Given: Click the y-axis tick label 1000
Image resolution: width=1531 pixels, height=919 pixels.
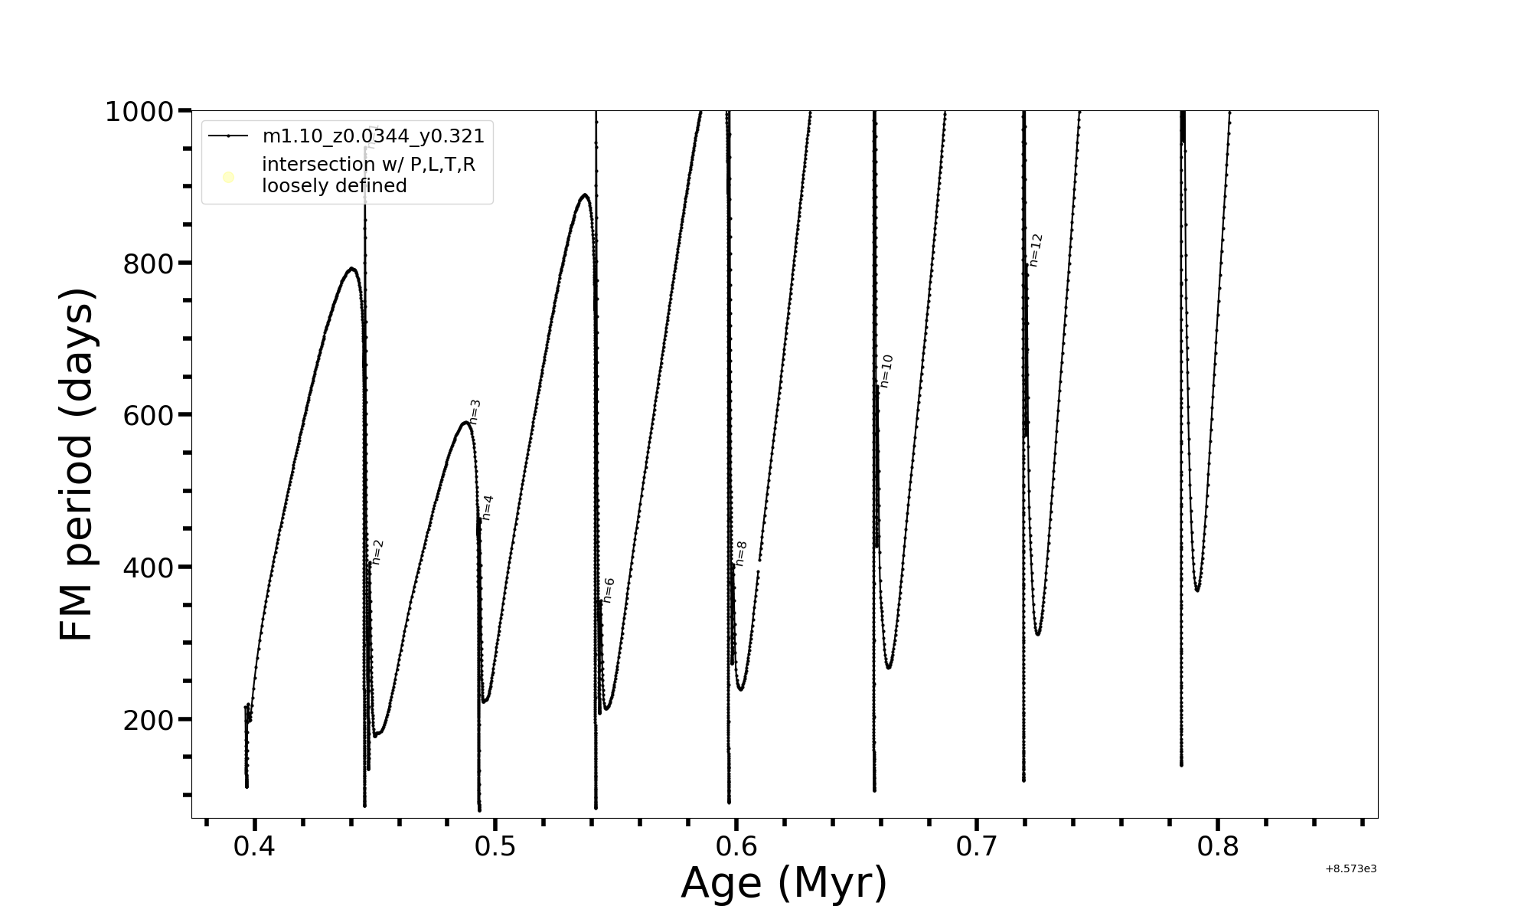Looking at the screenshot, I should tap(141, 112).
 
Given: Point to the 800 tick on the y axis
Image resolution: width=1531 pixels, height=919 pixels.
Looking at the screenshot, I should tap(149, 264).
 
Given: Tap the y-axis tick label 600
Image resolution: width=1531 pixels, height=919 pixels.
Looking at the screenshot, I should tap(149, 416).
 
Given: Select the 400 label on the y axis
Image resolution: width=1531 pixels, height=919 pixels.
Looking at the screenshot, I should tap(149, 568).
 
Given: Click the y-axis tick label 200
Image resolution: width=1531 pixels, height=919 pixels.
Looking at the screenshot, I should tap(149, 721).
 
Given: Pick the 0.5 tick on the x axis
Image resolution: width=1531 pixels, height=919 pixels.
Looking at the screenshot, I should tap(495, 847).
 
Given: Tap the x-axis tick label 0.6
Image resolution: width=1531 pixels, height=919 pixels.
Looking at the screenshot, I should tap(736, 847).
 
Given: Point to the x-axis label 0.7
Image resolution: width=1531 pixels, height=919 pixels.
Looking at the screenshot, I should tap(977, 847).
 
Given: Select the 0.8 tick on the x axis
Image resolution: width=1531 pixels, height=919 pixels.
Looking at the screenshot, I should tap(1218, 847).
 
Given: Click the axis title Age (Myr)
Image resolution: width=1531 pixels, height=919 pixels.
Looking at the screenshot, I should tap(784, 883).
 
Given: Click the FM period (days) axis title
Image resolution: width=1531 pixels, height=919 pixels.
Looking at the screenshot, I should tap(77, 464).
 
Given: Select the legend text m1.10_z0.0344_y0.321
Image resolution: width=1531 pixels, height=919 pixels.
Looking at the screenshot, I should tap(374, 136).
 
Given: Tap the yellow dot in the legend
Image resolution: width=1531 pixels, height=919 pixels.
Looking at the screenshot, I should tap(228, 178).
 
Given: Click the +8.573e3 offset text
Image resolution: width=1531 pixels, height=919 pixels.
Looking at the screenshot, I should tap(1350, 868).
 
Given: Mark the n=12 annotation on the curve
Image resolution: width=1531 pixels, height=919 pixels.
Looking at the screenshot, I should tap(1036, 250).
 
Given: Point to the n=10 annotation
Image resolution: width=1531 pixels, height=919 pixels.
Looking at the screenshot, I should tap(886, 371).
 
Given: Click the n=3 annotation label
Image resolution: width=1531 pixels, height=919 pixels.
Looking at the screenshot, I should tap(475, 412).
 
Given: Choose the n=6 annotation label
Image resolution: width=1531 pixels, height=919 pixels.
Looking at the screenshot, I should tap(609, 590).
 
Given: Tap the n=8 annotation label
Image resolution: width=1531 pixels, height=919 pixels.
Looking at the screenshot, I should tap(740, 554).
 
